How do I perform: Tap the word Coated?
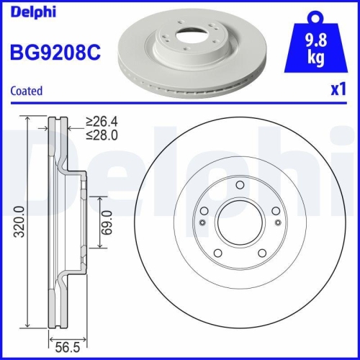point(27,91)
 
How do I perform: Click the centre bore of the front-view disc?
point(239,225)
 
